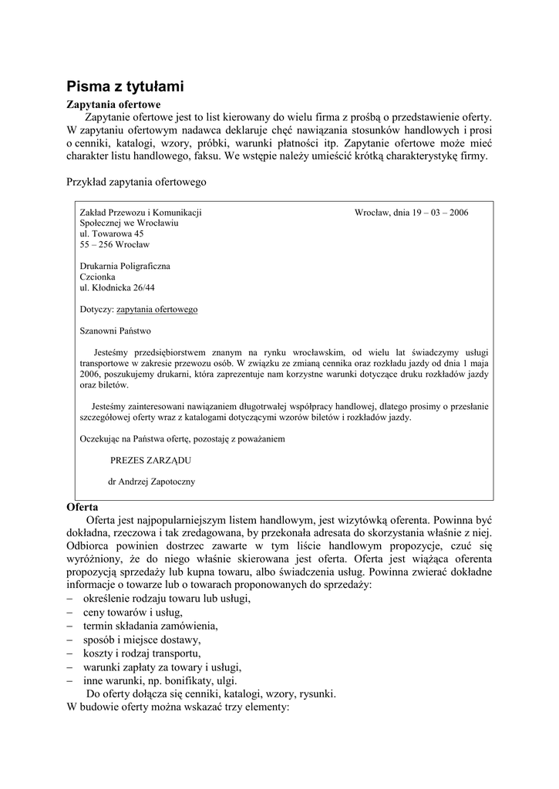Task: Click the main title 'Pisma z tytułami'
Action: [x=124, y=86]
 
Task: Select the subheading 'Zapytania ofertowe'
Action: [x=113, y=104]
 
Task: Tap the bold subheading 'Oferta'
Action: [x=83, y=508]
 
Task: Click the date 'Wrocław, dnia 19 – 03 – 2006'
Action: [x=411, y=212]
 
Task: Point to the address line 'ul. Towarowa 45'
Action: [x=112, y=233]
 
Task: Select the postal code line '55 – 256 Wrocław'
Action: [x=115, y=244]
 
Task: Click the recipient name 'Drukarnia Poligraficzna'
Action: [x=125, y=266]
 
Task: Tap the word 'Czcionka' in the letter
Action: [x=97, y=277]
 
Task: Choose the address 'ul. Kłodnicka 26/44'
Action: [x=118, y=287]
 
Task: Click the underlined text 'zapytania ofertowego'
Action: [x=157, y=309]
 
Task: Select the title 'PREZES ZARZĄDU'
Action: [x=150, y=460]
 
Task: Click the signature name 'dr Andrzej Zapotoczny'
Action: [x=153, y=482]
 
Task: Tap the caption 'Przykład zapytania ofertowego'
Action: [x=136, y=183]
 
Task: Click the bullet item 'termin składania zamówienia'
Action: [x=150, y=626]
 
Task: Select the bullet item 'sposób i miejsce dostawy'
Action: [x=142, y=640]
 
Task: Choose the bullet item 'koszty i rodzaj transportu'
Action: [x=144, y=653]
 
